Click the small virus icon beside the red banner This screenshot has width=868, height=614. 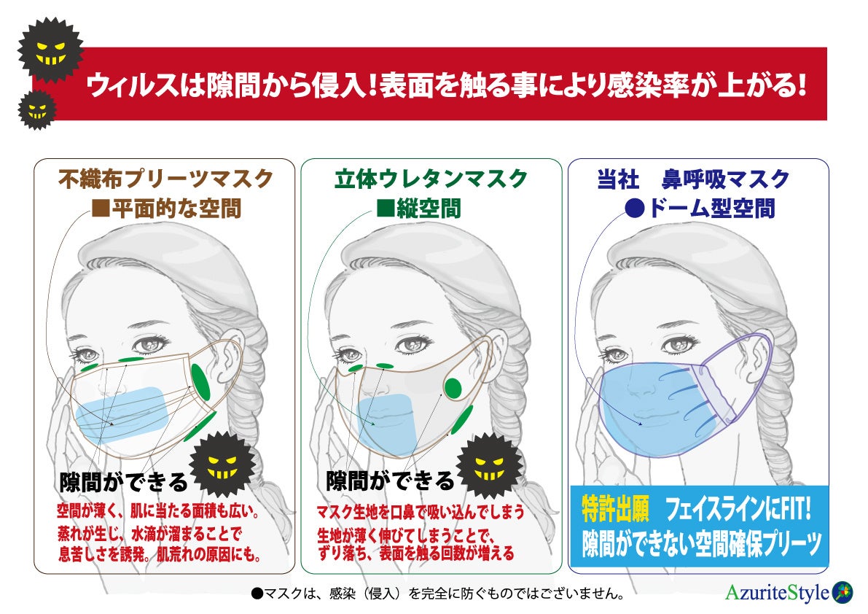coord(36,110)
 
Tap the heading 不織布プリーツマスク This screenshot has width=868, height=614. coord(166,179)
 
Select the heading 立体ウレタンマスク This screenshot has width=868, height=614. coord(431,179)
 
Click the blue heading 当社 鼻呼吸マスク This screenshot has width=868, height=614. coord(693,179)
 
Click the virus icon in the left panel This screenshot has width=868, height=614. coord(222,465)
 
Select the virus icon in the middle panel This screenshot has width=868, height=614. coord(489,465)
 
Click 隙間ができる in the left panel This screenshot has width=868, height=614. coord(123,482)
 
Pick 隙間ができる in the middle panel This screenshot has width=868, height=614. coord(390,481)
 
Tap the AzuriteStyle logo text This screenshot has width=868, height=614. coord(777,592)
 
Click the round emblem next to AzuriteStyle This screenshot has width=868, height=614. coord(842,591)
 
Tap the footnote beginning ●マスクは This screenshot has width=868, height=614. coord(437,594)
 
